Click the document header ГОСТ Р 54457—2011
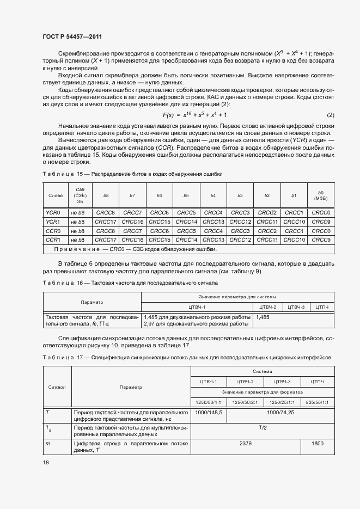click(72, 36)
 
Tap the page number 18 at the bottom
click(45, 462)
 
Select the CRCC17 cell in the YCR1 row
click(105, 222)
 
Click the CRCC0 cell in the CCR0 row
click(321, 231)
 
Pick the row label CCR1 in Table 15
click(52, 240)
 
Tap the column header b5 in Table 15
click(186, 195)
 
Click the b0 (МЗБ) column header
click(321, 195)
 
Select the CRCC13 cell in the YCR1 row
click(213, 222)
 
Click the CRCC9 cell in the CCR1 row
click(321, 240)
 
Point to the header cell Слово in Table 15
click(56, 195)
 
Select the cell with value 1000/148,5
click(208, 413)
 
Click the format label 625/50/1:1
click(317, 402)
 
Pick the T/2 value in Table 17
click(262, 428)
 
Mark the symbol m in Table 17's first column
click(48, 444)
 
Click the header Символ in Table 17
click(57, 387)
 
